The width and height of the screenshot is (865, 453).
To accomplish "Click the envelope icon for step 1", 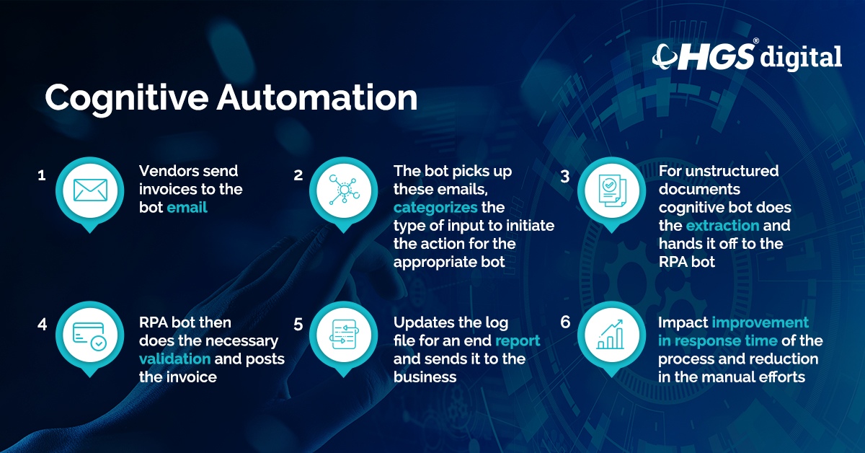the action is pos(90,190).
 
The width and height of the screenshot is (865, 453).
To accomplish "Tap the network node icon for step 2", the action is pos(344,190).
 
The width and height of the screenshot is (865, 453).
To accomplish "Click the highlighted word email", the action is pos(187,208).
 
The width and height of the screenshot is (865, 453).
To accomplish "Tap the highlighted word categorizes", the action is pos(435,208).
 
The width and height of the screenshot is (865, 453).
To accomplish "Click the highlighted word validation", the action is pos(174,359).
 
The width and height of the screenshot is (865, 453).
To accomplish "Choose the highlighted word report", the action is pos(518,340).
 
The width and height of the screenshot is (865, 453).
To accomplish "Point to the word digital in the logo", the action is pos(801,56).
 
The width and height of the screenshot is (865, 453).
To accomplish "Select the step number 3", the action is pos(566,175).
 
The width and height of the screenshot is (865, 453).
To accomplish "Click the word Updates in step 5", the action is pos(421,322).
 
